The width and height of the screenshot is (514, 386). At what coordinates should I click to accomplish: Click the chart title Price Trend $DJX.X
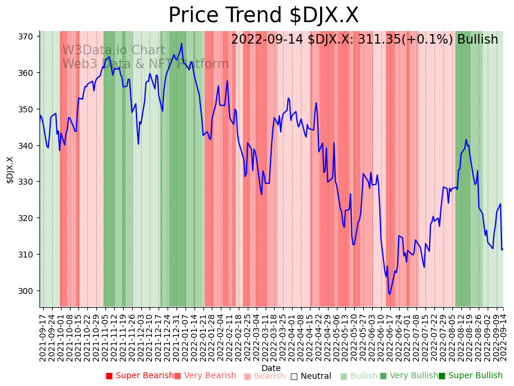pos(263,16)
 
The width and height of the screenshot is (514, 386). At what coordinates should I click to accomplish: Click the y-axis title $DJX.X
pos(10,170)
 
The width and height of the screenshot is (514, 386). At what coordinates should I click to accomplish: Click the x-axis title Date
pos(271,368)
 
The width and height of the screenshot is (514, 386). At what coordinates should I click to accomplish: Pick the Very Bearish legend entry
pos(205,376)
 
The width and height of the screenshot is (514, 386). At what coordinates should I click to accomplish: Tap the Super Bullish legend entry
pos(470,376)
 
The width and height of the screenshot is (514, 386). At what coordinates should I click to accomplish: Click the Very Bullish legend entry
pos(409,376)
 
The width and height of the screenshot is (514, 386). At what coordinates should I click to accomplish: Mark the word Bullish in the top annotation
pos(477,40)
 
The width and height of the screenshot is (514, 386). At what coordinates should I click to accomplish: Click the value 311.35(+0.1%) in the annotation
pos(408,40)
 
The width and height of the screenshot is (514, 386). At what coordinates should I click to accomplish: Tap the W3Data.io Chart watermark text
pos(114,51)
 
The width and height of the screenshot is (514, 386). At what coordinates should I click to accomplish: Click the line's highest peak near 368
pos(181,43)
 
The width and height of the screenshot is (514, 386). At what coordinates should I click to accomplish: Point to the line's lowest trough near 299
pos(390,294)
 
